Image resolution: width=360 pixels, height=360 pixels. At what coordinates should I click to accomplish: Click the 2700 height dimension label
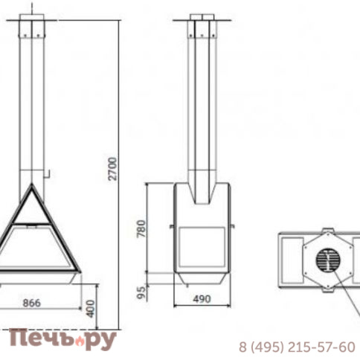coord(112,169)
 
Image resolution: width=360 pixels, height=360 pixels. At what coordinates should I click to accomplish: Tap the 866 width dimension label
coord(31,303)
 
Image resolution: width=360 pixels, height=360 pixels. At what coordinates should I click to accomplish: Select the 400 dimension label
coord(91,309)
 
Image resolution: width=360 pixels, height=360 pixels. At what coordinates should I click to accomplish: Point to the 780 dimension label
coord(141,228)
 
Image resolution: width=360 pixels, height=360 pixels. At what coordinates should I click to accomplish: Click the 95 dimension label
coord(141,293)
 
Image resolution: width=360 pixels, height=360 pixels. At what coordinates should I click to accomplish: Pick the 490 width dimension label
coord(202,299)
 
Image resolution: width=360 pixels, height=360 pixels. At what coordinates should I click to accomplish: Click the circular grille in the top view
coord(328,260)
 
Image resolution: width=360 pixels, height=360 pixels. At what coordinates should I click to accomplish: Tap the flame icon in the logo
coord(80,341)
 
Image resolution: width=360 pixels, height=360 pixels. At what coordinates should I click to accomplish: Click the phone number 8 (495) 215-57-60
coord(297,347)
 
